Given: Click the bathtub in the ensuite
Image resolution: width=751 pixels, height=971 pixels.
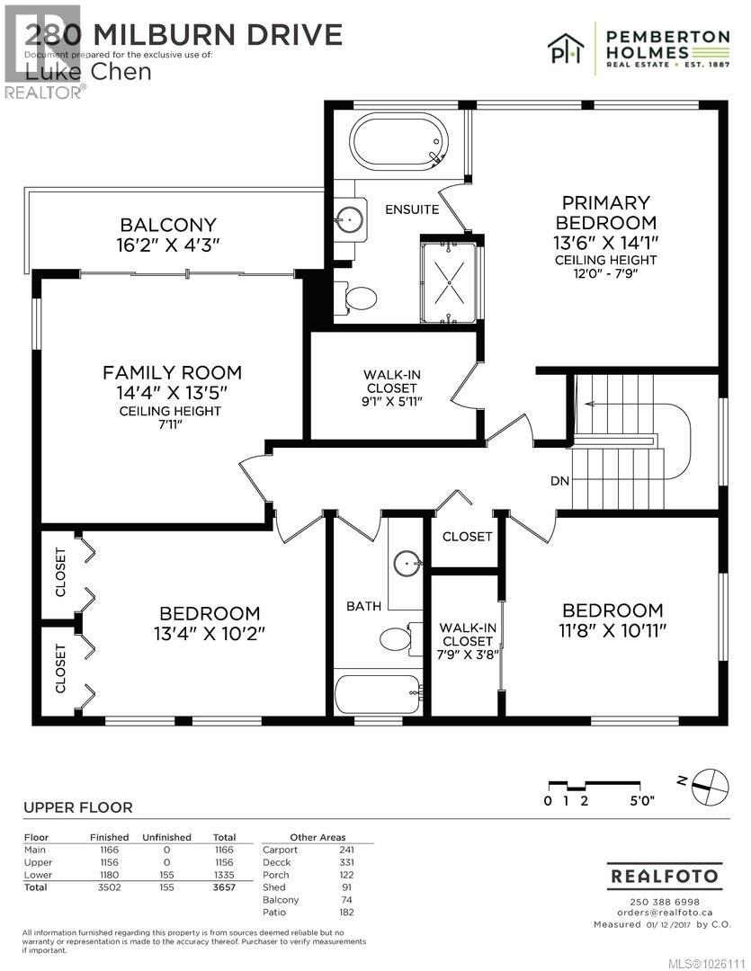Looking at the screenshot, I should pyautogui.click(x=398, y=142).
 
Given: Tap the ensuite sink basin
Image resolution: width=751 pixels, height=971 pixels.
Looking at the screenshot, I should pyautogui.click(x=349, y=218).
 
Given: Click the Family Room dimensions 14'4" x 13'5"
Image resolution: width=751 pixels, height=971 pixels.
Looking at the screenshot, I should pyautogui.click(x=171, y=392).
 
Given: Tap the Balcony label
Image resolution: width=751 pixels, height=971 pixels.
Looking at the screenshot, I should pyautogui.click(x=169, y=226).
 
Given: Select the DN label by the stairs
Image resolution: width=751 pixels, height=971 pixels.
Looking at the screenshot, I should pyautogui.click(x=559, y=481).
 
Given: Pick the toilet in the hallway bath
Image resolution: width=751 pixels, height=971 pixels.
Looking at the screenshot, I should pyautogui.click(x=396, y=639).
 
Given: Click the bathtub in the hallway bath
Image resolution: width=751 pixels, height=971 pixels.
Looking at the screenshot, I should pyautogui.click(x=378, y=694).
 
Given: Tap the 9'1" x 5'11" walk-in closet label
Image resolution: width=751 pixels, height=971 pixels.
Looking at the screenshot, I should pyautogui.click(x=391, y=388).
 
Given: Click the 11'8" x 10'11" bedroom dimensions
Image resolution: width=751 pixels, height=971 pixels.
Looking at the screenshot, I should pyautogui.click(x=612, y=632).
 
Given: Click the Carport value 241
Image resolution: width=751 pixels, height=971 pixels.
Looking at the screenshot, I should pyautogui.click(x=346, y=850).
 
